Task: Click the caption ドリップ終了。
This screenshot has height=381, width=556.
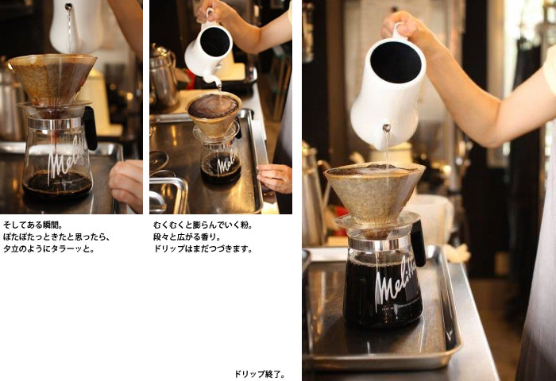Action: (260, 374)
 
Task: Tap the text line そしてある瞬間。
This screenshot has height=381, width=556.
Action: (33, 225)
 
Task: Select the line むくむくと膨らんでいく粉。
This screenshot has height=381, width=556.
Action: (203, 225)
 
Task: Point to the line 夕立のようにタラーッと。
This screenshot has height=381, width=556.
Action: (49, 248)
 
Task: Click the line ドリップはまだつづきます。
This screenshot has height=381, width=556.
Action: (203, 248)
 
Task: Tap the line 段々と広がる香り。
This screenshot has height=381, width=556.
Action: (187, 237)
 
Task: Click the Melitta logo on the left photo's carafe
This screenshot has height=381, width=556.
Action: (66, 155)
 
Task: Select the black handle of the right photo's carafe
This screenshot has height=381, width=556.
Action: (418, 243)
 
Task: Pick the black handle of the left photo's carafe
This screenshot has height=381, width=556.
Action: (90, 128)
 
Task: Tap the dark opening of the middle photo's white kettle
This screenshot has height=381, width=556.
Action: (215, 42)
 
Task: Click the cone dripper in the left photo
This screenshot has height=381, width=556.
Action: (52, 79)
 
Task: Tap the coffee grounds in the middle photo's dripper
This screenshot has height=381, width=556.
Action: (214, 106)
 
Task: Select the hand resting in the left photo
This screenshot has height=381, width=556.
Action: (126, 184)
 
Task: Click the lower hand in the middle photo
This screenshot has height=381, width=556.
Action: (275, 178)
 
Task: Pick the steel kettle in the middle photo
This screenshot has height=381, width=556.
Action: (164, 77)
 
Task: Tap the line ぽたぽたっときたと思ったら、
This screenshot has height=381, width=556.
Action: (56, 237)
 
